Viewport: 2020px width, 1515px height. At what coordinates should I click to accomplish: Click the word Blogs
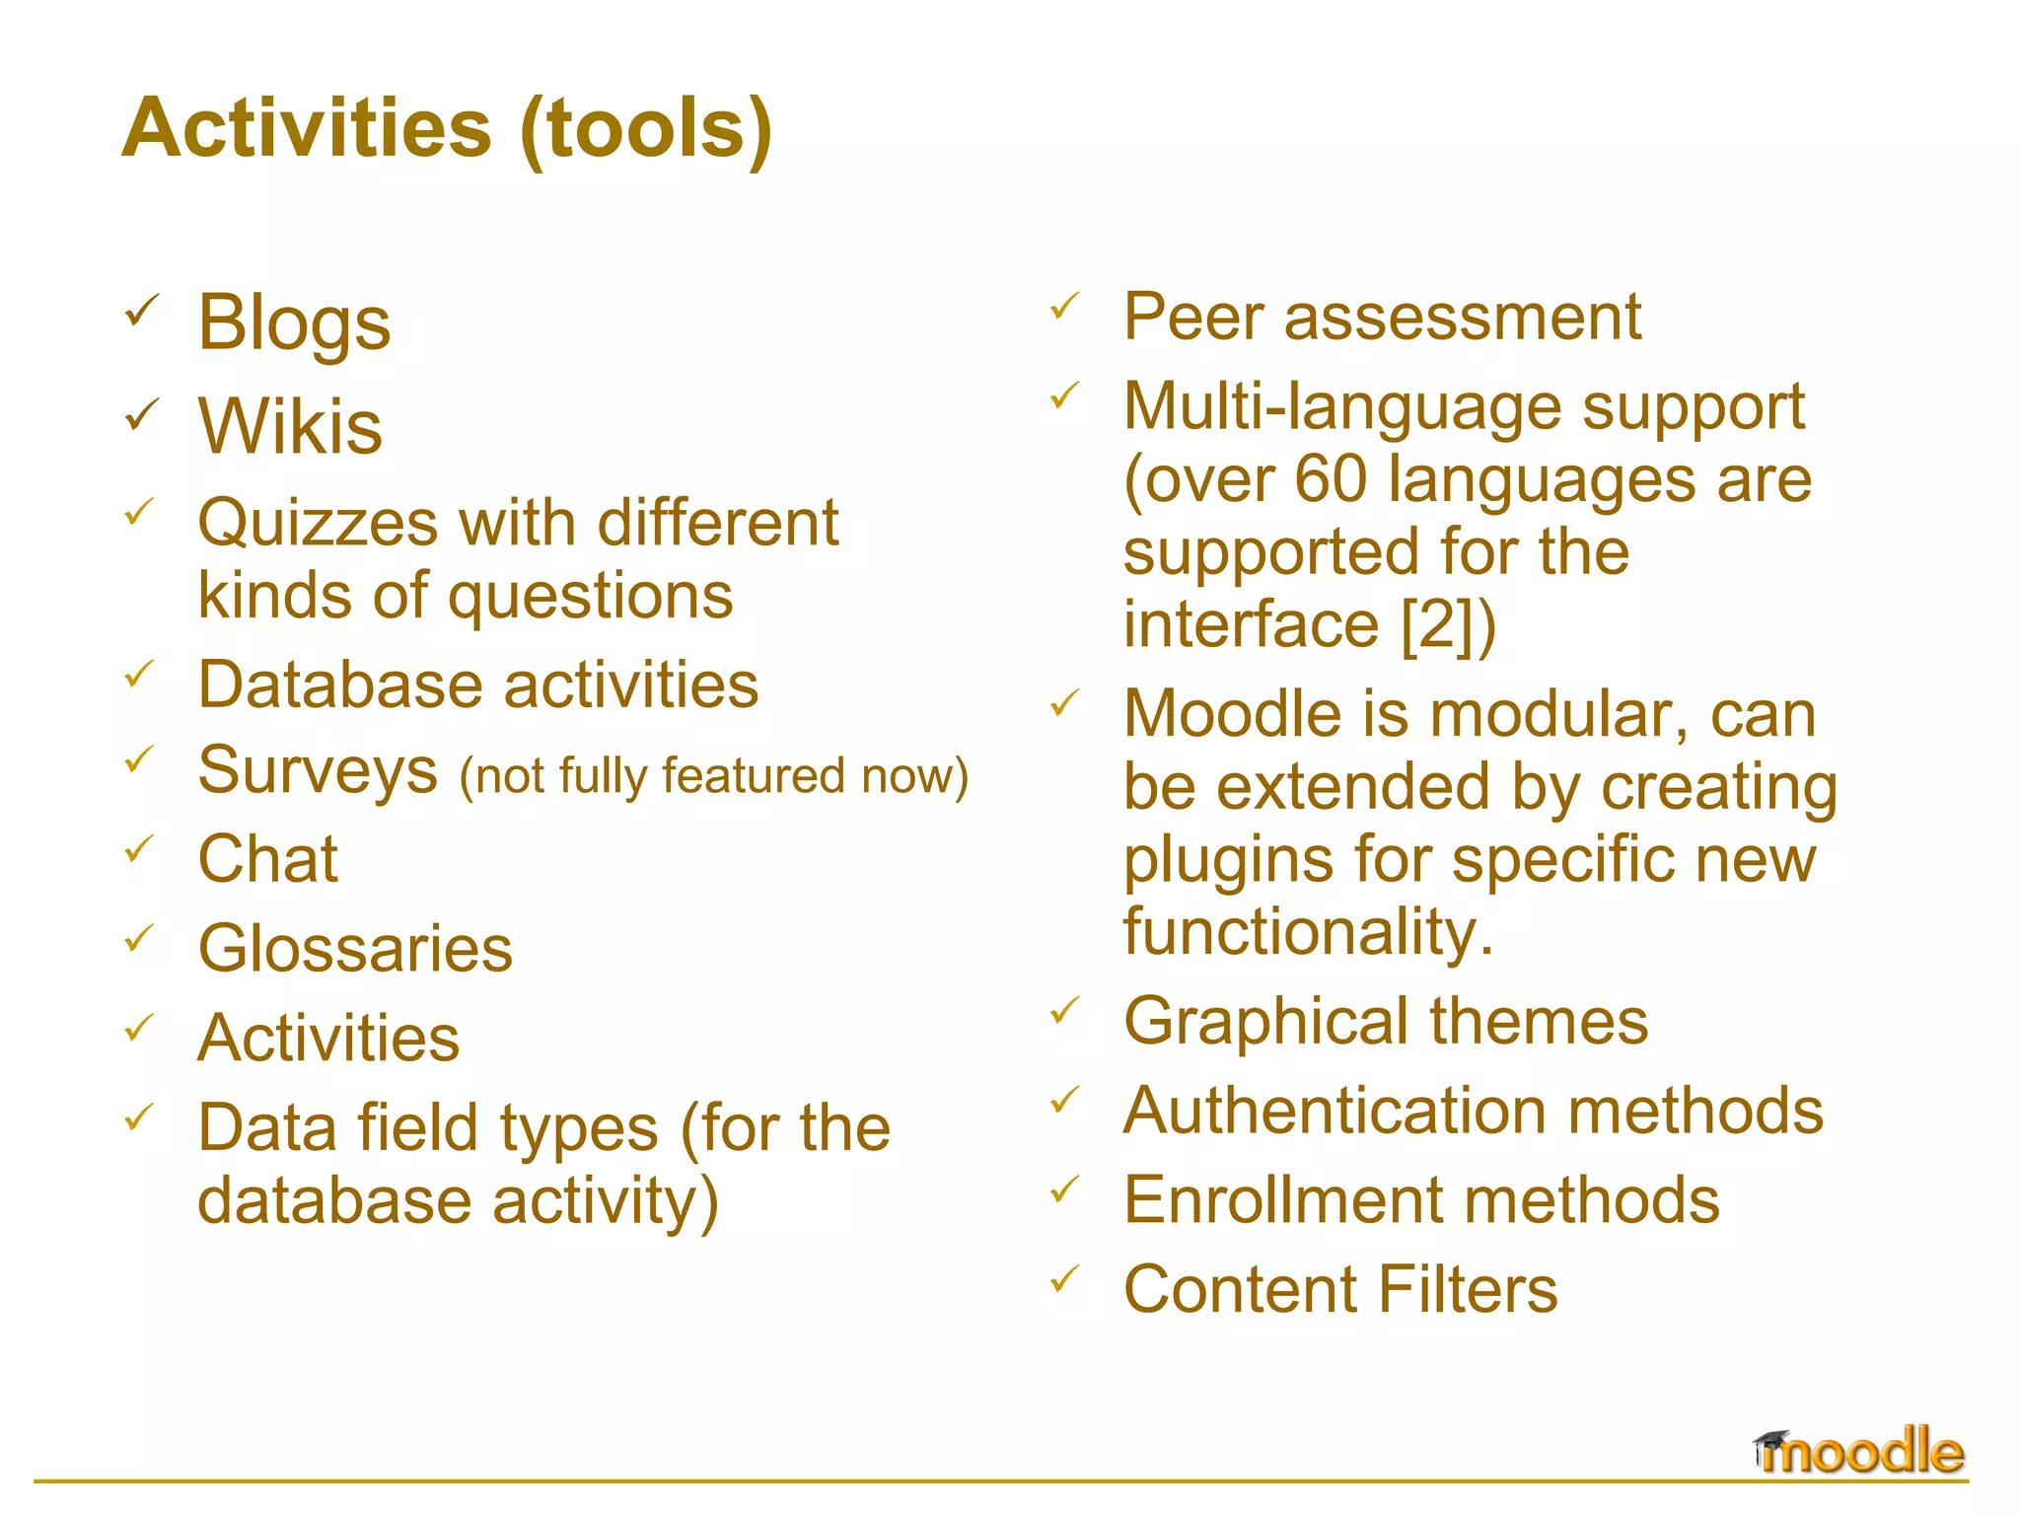tap(294, 324)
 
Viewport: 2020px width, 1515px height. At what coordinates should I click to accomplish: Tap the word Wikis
tap(290, 426)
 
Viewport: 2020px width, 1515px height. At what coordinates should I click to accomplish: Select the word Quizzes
tap(318, 523)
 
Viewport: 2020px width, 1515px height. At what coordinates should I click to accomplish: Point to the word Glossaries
tap(355, 949)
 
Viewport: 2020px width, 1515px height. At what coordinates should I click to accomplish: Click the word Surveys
tap(318, 771)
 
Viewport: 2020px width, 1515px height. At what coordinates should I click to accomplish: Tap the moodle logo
tap(1858, 1452)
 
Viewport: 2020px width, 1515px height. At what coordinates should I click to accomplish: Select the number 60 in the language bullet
tap(1331, 479)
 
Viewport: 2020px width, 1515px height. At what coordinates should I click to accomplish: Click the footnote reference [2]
tap(1439, 624)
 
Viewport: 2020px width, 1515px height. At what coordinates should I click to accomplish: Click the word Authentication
tap(1335, 1112)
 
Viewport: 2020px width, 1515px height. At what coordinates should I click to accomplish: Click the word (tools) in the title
tap(646, 128)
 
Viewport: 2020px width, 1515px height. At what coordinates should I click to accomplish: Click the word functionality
tap(1308, 933)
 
